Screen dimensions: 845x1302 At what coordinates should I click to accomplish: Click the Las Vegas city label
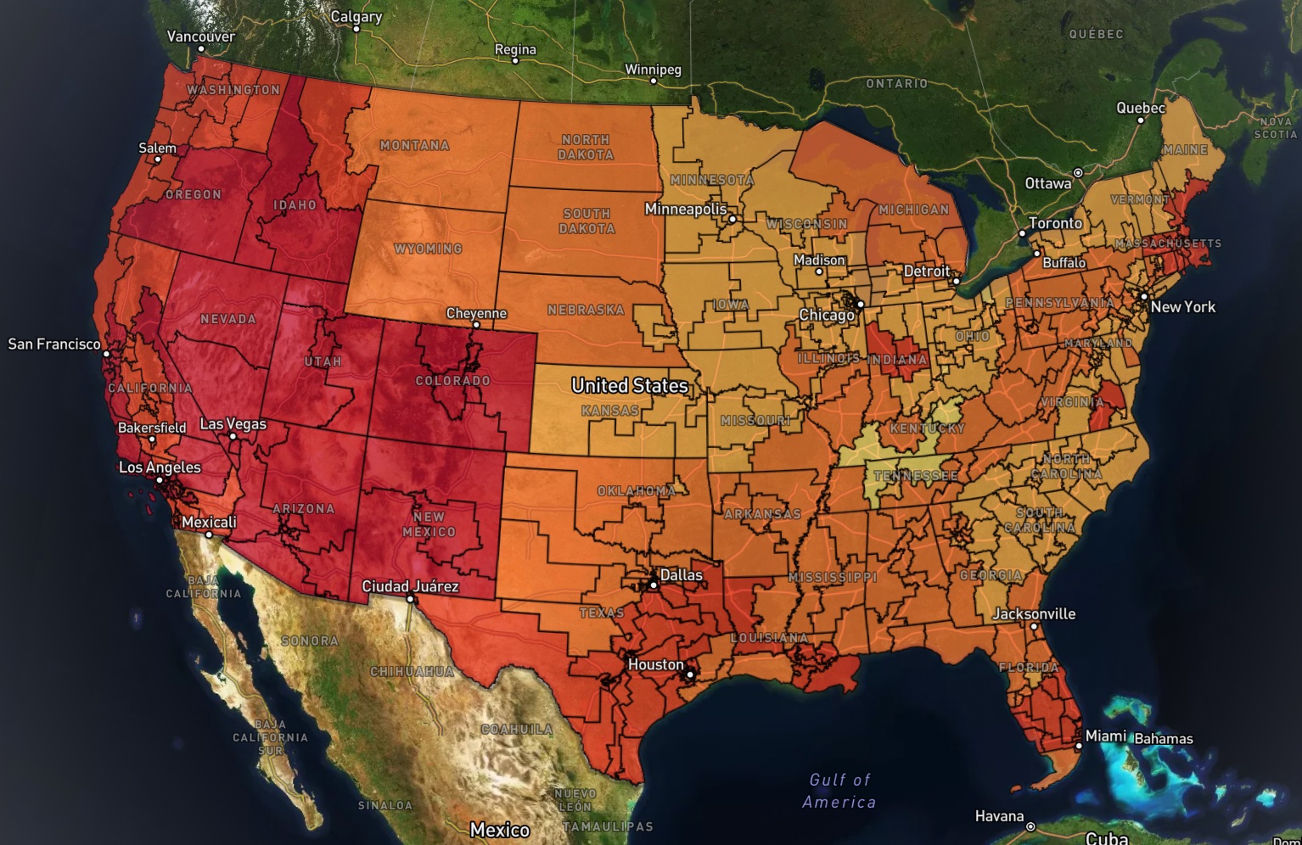click(233, 424)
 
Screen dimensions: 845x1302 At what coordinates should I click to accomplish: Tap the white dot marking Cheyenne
click(477, 325)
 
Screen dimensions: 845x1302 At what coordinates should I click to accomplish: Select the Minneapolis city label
click(685, 209)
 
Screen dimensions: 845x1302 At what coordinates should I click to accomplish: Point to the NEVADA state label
click(227, 319)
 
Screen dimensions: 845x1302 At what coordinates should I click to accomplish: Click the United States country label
click(629, 386)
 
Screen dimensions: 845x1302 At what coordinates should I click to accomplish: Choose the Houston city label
click(655, 664)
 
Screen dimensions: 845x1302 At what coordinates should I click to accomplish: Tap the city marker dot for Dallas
click(654, 585)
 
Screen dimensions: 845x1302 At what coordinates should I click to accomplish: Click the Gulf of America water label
click(839, 791)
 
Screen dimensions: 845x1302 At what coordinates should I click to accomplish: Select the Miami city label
click(1105, 736)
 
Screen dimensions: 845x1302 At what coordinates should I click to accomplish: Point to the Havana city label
click(999, 816)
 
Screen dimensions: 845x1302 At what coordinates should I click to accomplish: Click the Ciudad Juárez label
click(410, 586)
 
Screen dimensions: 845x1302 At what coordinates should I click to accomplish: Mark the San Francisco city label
click(54, 344)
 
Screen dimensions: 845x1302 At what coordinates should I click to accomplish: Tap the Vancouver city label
click(200, 36)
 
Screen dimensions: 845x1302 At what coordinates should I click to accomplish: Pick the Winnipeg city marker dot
click(654, 81)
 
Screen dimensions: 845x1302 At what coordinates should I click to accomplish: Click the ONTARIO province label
click(896, 83)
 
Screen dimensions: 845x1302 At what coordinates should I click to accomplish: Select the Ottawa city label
click(1047, 183)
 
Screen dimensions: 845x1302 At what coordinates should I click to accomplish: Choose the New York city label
click(1182, 307)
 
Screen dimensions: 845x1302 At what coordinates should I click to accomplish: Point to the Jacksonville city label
click(1034, 613)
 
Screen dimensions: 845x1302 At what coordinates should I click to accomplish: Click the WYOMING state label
click(428, 249)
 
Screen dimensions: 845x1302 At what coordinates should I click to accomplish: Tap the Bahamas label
click(1163, 739)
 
